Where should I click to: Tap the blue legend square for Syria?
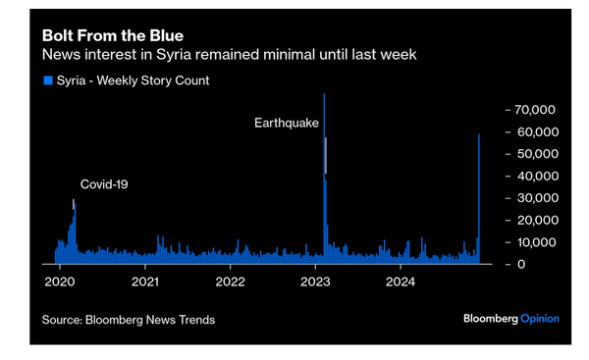click(x=47, y=80)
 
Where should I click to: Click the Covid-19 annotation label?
click(x=104, y=183)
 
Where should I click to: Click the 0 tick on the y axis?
click(x=522, y=265)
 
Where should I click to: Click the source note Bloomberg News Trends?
click(x=129, y=320)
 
